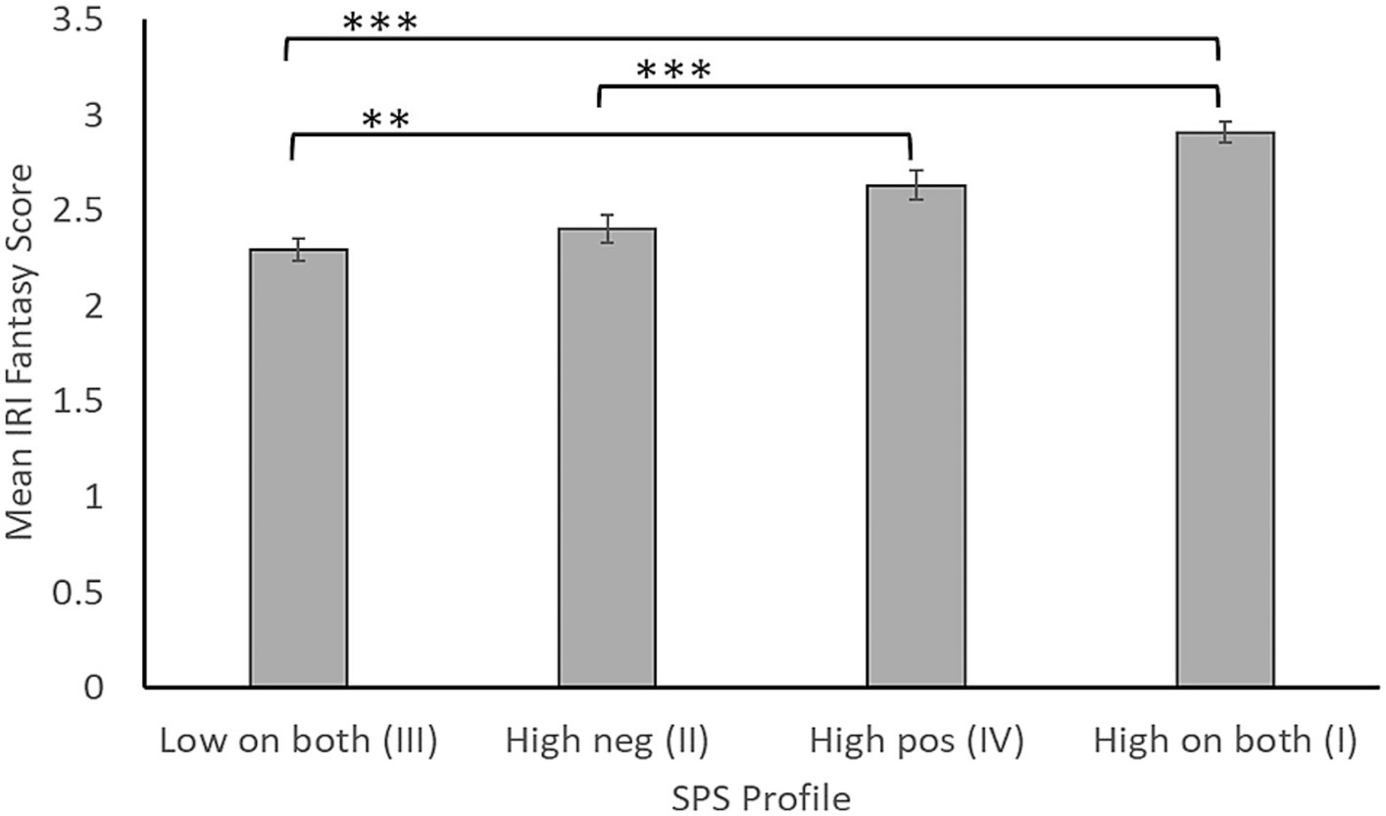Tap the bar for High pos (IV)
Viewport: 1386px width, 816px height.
(x=916, y=436)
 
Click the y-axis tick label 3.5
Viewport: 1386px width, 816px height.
(x=78, y=21)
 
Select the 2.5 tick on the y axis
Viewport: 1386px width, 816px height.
(x=78, y=211)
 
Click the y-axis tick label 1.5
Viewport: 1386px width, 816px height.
(x=78, y=402)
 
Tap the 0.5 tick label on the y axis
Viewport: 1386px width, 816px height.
(x=78, y=593)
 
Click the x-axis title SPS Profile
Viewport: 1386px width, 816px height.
(x=761, y=798)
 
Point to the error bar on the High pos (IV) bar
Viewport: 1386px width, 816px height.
(x=916, y=185)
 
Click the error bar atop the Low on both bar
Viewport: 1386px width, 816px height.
(x=298, y=250)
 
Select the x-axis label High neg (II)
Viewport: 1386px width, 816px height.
(x=607, y=742)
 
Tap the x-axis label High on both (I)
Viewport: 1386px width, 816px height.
(x=1224, y=742)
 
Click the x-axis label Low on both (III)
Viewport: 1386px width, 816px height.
(x=298, y=742)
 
